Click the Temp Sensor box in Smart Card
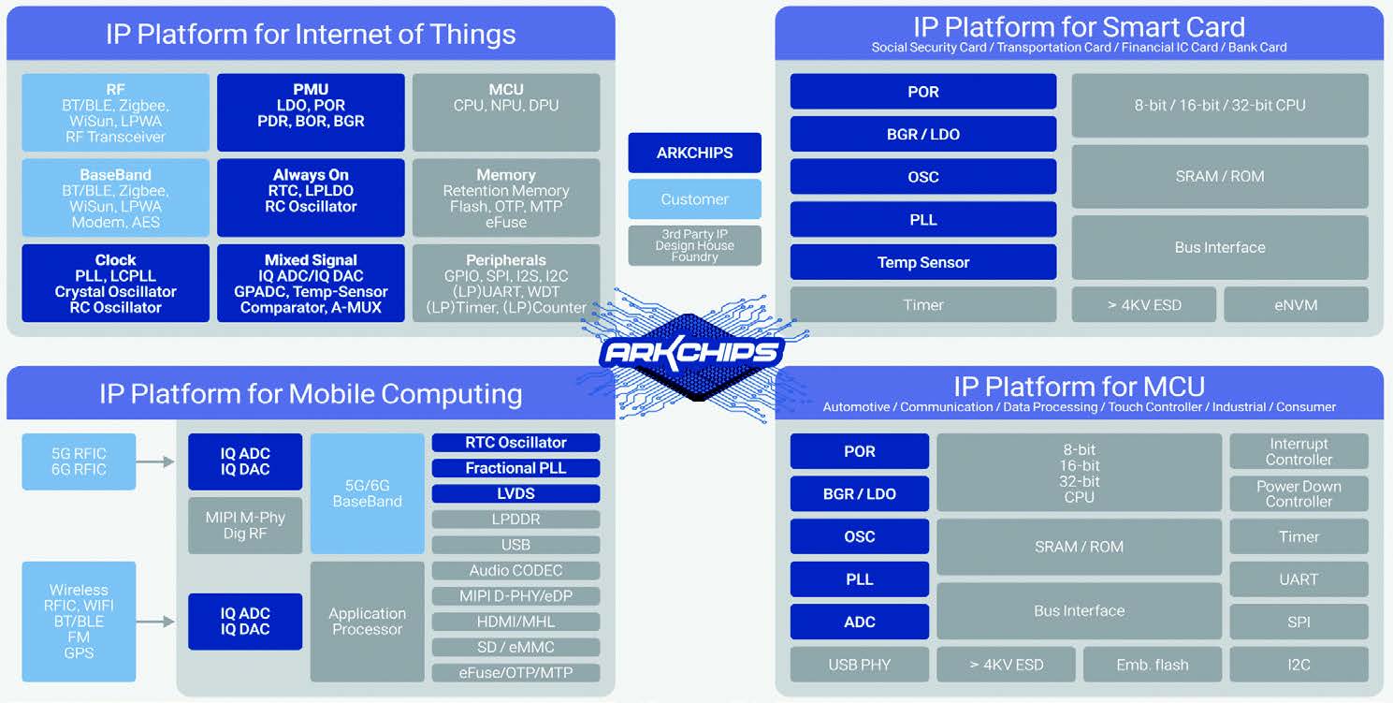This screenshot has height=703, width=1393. click(x=922, y=262)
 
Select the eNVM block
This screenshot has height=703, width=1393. click(x=1296, y=305)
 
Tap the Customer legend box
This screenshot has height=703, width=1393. click(x=694, y=199)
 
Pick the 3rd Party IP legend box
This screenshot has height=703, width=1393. click(x=694, y=245)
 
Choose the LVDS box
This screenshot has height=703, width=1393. click(x=515, y=493)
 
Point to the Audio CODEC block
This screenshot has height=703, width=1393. click(x=515, y=570)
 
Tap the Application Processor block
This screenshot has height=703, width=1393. click(x=367, y=622)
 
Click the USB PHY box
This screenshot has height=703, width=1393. click(x=859, y=665)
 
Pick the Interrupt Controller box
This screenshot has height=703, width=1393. click(x=1299, y=451)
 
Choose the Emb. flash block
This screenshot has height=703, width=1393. click(x=1152, y=665)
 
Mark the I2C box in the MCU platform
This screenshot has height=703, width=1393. click(x=1299, y=665)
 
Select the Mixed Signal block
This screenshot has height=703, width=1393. click(x=311, y=283)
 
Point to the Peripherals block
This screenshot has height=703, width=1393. click(x=505, y=283)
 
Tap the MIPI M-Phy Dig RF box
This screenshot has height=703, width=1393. click(x=245, y=525)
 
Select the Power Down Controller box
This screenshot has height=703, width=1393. click(x=1299, y=493)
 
